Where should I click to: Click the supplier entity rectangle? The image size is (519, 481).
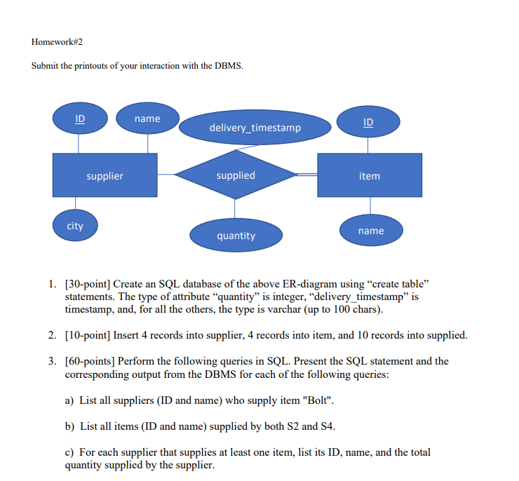coord(105,175)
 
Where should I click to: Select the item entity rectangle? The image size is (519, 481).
coord(370,175)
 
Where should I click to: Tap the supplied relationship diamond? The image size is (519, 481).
coord(236,175)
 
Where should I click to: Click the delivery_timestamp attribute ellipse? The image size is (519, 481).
coord(255,127)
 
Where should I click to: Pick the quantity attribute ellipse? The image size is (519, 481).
coord(236,236)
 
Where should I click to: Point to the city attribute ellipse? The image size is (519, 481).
coord(75,226)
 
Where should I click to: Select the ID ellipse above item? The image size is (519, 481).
coord(368,122)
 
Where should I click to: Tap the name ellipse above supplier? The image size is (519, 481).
coord(147,118)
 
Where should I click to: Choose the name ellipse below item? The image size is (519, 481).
coord(371,231)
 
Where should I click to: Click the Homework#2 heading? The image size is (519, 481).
coord(57,41)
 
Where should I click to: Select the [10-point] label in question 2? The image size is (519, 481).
coord(88,335)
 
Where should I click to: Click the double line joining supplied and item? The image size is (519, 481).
coord(306,175)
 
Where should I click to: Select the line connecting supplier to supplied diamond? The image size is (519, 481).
coord(166,175)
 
